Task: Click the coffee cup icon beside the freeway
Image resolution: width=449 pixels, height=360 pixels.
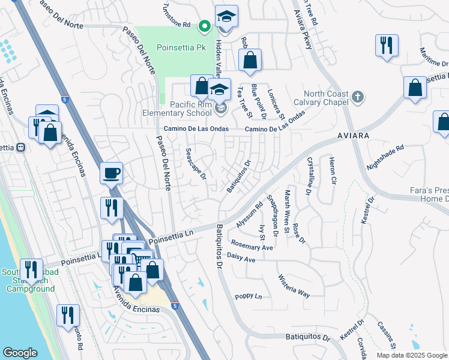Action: coord(111,173)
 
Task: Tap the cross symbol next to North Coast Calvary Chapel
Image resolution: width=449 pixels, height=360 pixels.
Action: coord(357,96)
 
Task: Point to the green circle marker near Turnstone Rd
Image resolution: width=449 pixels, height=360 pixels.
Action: coord(204,25)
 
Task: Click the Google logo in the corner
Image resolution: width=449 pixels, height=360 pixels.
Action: coord(20,353)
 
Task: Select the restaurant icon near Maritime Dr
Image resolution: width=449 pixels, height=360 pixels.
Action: coord(385,46)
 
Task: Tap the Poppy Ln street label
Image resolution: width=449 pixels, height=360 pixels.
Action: coord(249,296)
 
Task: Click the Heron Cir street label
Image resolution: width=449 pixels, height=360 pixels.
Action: coord(332,170)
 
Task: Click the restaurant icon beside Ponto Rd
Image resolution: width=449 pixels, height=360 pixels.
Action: coord(66,315)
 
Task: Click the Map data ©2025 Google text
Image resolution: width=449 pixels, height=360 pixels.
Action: coord(412,355)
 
